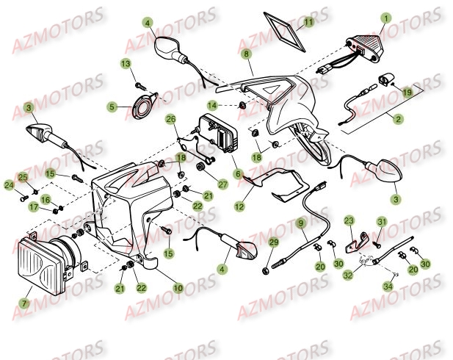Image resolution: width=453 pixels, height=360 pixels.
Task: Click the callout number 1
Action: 386,18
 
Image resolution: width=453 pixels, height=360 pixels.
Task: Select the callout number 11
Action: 308,22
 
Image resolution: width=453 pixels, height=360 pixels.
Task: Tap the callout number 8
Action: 246,54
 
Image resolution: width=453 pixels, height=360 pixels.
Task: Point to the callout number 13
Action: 126,64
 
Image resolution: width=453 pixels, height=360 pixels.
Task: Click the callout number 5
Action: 112,107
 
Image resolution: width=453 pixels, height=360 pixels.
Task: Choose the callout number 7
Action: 24,303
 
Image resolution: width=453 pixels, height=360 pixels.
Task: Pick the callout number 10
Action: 178,287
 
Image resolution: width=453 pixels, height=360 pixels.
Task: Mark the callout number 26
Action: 170,119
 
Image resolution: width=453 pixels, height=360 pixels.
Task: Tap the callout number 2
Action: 399,119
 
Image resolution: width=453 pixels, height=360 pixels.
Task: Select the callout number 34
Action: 388,287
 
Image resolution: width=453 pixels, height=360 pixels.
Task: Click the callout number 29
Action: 273,242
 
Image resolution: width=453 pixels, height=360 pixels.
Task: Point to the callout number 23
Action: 349,221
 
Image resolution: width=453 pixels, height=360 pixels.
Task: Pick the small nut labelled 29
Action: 266,271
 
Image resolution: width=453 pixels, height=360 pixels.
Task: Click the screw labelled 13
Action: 139,85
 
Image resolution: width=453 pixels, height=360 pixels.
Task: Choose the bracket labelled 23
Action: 358,241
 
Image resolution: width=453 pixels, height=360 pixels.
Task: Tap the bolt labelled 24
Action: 24,198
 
